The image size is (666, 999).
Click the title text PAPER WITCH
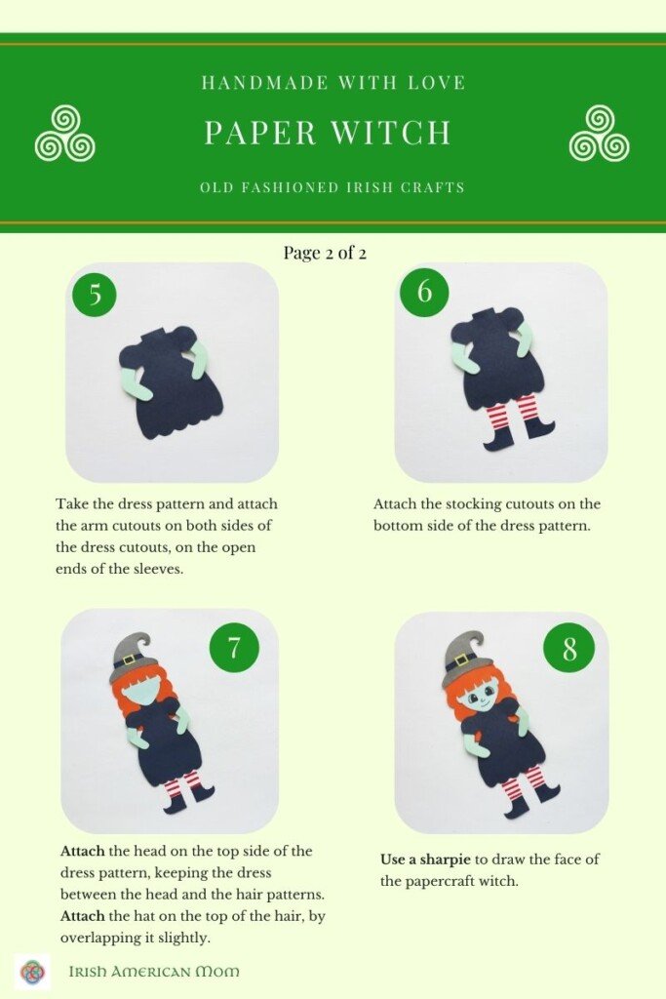tap(328, 133)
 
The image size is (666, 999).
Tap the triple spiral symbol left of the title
tap(64, 134)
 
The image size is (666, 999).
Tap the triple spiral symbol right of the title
tap(599, 134)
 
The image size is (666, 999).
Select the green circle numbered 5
tap(95, 295)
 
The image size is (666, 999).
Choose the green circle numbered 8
tap(568, 648)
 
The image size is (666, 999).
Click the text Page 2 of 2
tap(325, 253)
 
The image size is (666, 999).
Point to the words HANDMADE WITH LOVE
tap(333, 83)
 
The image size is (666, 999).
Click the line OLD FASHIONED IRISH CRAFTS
tap(333, 187)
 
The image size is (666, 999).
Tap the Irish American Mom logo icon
tap(32, 971)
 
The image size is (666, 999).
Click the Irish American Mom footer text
tap(154, 971)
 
